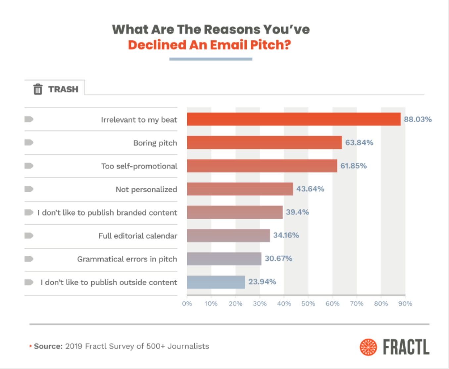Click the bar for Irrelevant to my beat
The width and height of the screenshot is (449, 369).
click(293, 119)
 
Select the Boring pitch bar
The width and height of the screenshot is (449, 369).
click(264, 142)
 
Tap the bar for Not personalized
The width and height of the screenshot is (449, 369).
click(239, 189)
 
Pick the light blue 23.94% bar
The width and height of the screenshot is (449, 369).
click(216, 282)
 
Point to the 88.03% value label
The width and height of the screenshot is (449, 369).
click(418, 119)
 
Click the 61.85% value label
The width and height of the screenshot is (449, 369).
click(353, 166)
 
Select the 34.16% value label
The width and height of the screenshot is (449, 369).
click(286, 235)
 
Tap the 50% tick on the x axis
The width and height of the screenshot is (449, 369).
click(308, 303)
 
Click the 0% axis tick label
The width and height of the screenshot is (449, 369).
click(187, 303)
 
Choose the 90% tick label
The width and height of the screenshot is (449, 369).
click(405, 303)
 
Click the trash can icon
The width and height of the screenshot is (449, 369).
click(38, 89)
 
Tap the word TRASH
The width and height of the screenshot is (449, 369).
click(63, 89)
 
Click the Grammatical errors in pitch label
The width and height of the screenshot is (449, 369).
click(127, 259)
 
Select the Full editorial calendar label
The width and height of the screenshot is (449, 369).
click(138, 236)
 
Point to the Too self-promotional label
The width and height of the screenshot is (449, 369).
click(139, 166)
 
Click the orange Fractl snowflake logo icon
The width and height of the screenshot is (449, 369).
click(368, 347)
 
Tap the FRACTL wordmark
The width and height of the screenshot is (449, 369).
click(406, 347)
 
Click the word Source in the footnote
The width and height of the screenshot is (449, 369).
click(48, 346)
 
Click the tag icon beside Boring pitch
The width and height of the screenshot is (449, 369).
click(29, 142)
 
